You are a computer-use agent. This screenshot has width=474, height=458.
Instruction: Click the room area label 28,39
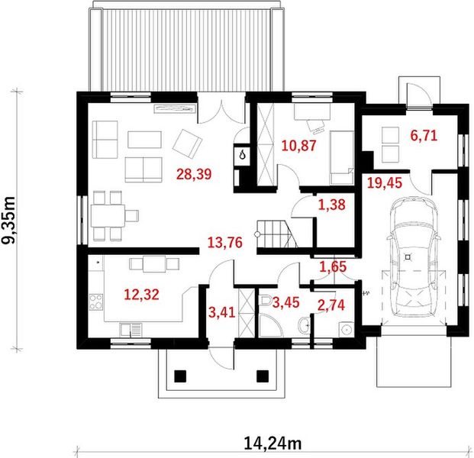pos(194,174)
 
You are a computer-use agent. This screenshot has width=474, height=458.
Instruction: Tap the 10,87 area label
pos(298,146)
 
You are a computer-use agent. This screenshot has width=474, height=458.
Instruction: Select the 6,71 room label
pos(424,135)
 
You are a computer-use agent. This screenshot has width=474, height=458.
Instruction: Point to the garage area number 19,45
pos(385,183)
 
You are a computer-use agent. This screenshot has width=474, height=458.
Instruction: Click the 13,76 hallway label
pos(225,243)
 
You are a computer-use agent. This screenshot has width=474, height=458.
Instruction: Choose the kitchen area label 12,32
pos(141,295)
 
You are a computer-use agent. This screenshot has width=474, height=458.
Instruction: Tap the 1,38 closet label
pos(331,205)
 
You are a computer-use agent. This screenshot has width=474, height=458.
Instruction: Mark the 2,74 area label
pos(331,305)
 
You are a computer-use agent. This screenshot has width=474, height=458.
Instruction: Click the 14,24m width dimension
pos(272,443)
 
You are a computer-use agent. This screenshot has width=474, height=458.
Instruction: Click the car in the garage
pos(413,257)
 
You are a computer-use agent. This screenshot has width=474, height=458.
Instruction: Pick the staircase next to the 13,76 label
pos(276,234)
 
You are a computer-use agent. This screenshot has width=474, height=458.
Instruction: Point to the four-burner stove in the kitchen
pos(96,302)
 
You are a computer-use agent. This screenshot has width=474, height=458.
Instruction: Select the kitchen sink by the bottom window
pos(131,330)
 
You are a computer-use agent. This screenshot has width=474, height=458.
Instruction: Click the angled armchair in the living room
pos(187,144)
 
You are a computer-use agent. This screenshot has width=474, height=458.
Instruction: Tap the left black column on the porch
pos(180,376)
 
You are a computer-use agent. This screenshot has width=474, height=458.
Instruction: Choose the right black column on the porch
pos(263,376)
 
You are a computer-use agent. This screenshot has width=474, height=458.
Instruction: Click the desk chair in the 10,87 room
pos(316,126)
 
